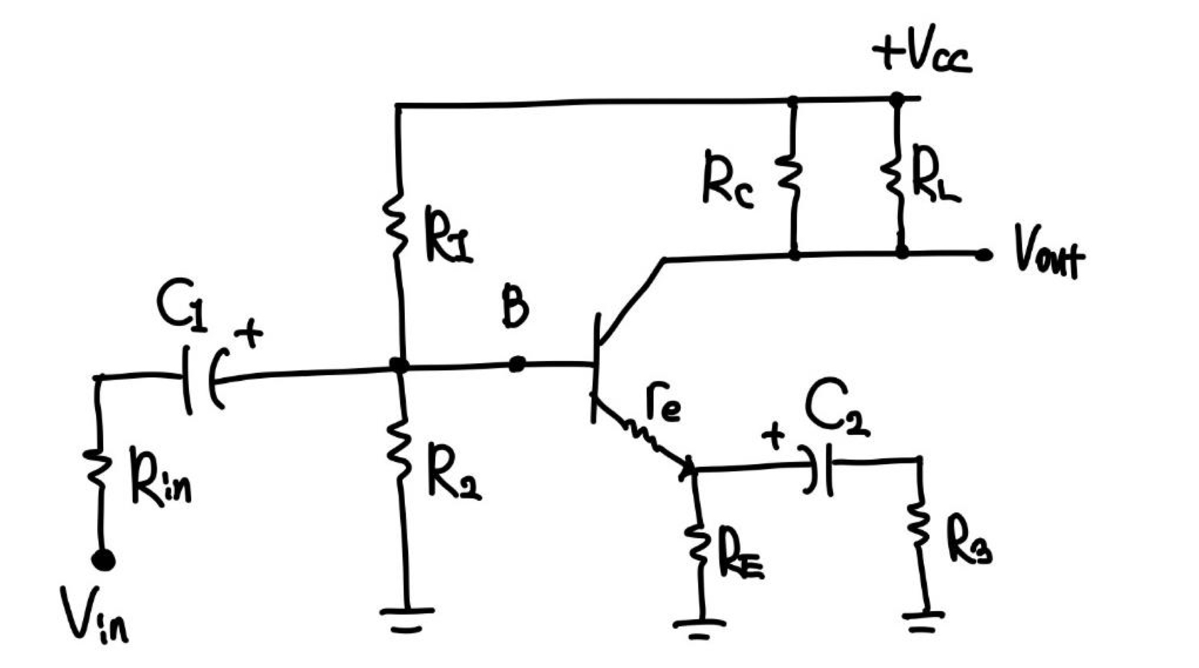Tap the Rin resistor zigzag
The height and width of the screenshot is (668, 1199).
(98, 467)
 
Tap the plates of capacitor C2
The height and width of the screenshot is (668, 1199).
(820, 470)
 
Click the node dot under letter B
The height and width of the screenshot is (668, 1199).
(517, 364)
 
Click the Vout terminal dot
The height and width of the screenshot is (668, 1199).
(983, 255)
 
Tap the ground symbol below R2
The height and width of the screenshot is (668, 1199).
(407, 618)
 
